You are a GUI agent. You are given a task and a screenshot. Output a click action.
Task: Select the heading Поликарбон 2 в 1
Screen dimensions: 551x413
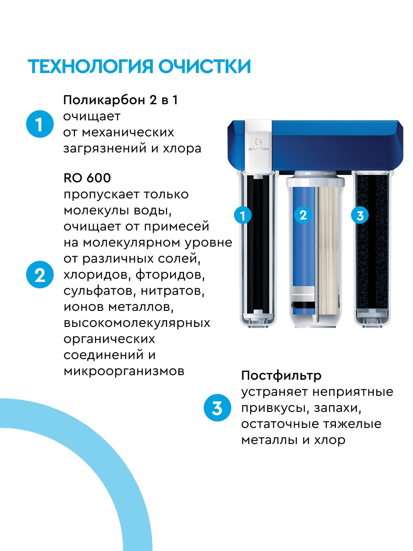(x=120, y=100)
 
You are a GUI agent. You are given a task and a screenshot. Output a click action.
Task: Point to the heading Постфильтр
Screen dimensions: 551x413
(x=281, y=376)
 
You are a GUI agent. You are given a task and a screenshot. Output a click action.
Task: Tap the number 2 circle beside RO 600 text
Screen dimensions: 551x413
(x=40, y=275)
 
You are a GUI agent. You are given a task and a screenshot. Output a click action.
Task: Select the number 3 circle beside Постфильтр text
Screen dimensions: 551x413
(x=217, y=408)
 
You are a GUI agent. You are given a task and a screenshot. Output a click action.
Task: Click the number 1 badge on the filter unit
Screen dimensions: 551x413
(x=243, y=215)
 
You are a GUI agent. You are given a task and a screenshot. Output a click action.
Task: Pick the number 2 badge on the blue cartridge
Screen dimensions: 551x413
(x=303, y=215)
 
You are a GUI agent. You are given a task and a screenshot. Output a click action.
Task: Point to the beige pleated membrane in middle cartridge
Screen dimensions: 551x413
(x=329, y=248)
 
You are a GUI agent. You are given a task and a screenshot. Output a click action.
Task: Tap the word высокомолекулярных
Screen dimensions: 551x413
(x=137, y=323)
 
